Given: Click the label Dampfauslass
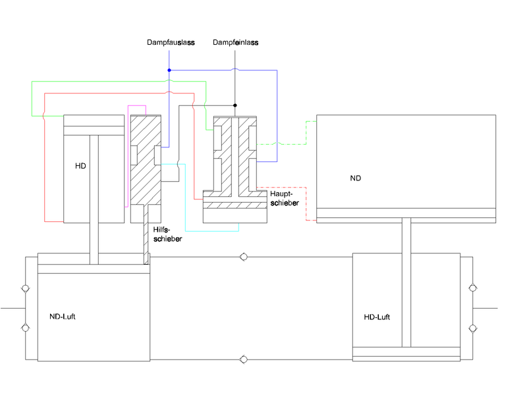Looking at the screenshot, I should [171, 43].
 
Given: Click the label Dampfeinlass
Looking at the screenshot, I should [236, 43].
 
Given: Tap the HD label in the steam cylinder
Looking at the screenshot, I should [80, 165].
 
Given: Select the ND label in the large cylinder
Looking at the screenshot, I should [356, 178].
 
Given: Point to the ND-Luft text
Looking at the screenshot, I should [67, 317].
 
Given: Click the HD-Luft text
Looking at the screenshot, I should [377, 317].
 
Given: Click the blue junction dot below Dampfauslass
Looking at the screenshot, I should [169, 70].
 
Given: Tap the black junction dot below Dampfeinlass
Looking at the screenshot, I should [235, 105].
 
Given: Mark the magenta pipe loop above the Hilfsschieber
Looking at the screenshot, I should [136, 106].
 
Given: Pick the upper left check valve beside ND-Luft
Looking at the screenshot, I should [25, 288].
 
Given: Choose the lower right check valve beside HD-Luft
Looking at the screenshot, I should [472, 327].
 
